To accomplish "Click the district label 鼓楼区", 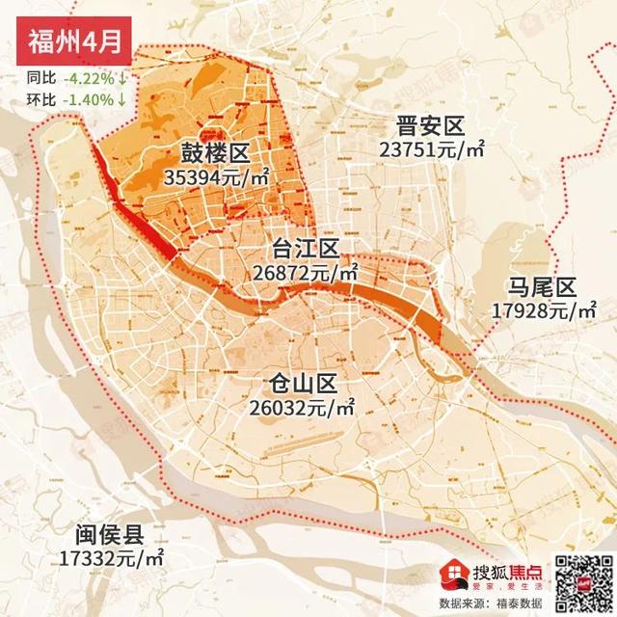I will (214, 153).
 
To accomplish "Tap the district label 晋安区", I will (429, 125).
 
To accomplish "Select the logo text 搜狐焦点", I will (506, 570).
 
